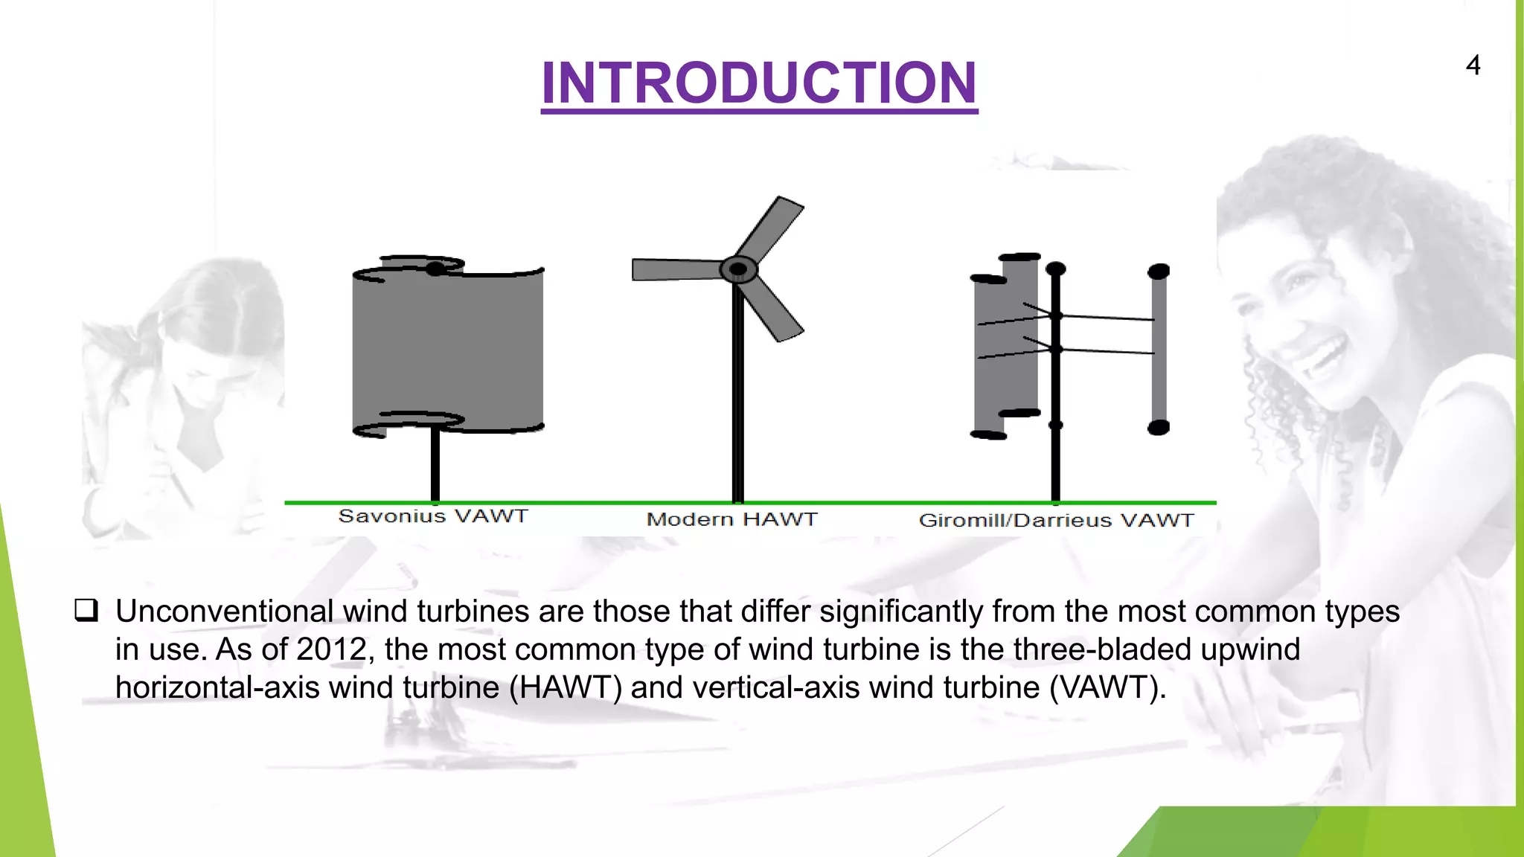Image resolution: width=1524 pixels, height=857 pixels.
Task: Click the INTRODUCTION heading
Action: point(759,83)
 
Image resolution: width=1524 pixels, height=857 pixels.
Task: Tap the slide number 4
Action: point(1473,65)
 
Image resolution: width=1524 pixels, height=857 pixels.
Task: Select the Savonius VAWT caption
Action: point(433,516)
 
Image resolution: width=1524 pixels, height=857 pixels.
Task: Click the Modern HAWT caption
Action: point(731,519)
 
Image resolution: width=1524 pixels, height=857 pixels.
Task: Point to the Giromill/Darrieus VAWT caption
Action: point(1056,520)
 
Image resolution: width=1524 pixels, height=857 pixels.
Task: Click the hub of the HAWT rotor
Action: point(738,269)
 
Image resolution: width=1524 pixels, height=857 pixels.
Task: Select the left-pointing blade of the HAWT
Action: point(673,269)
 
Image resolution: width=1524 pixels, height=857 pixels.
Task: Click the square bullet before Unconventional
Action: point(86,611)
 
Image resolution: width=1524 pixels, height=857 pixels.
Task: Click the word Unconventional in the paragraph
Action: point(224,612)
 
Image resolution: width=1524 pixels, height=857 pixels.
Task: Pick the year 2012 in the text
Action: point(331,649)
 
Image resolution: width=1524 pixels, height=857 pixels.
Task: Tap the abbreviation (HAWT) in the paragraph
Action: point(566,687)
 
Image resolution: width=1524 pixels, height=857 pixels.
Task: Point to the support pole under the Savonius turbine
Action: point(435,465)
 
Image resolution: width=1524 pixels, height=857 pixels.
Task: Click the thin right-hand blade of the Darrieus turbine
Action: point(1159,350)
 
